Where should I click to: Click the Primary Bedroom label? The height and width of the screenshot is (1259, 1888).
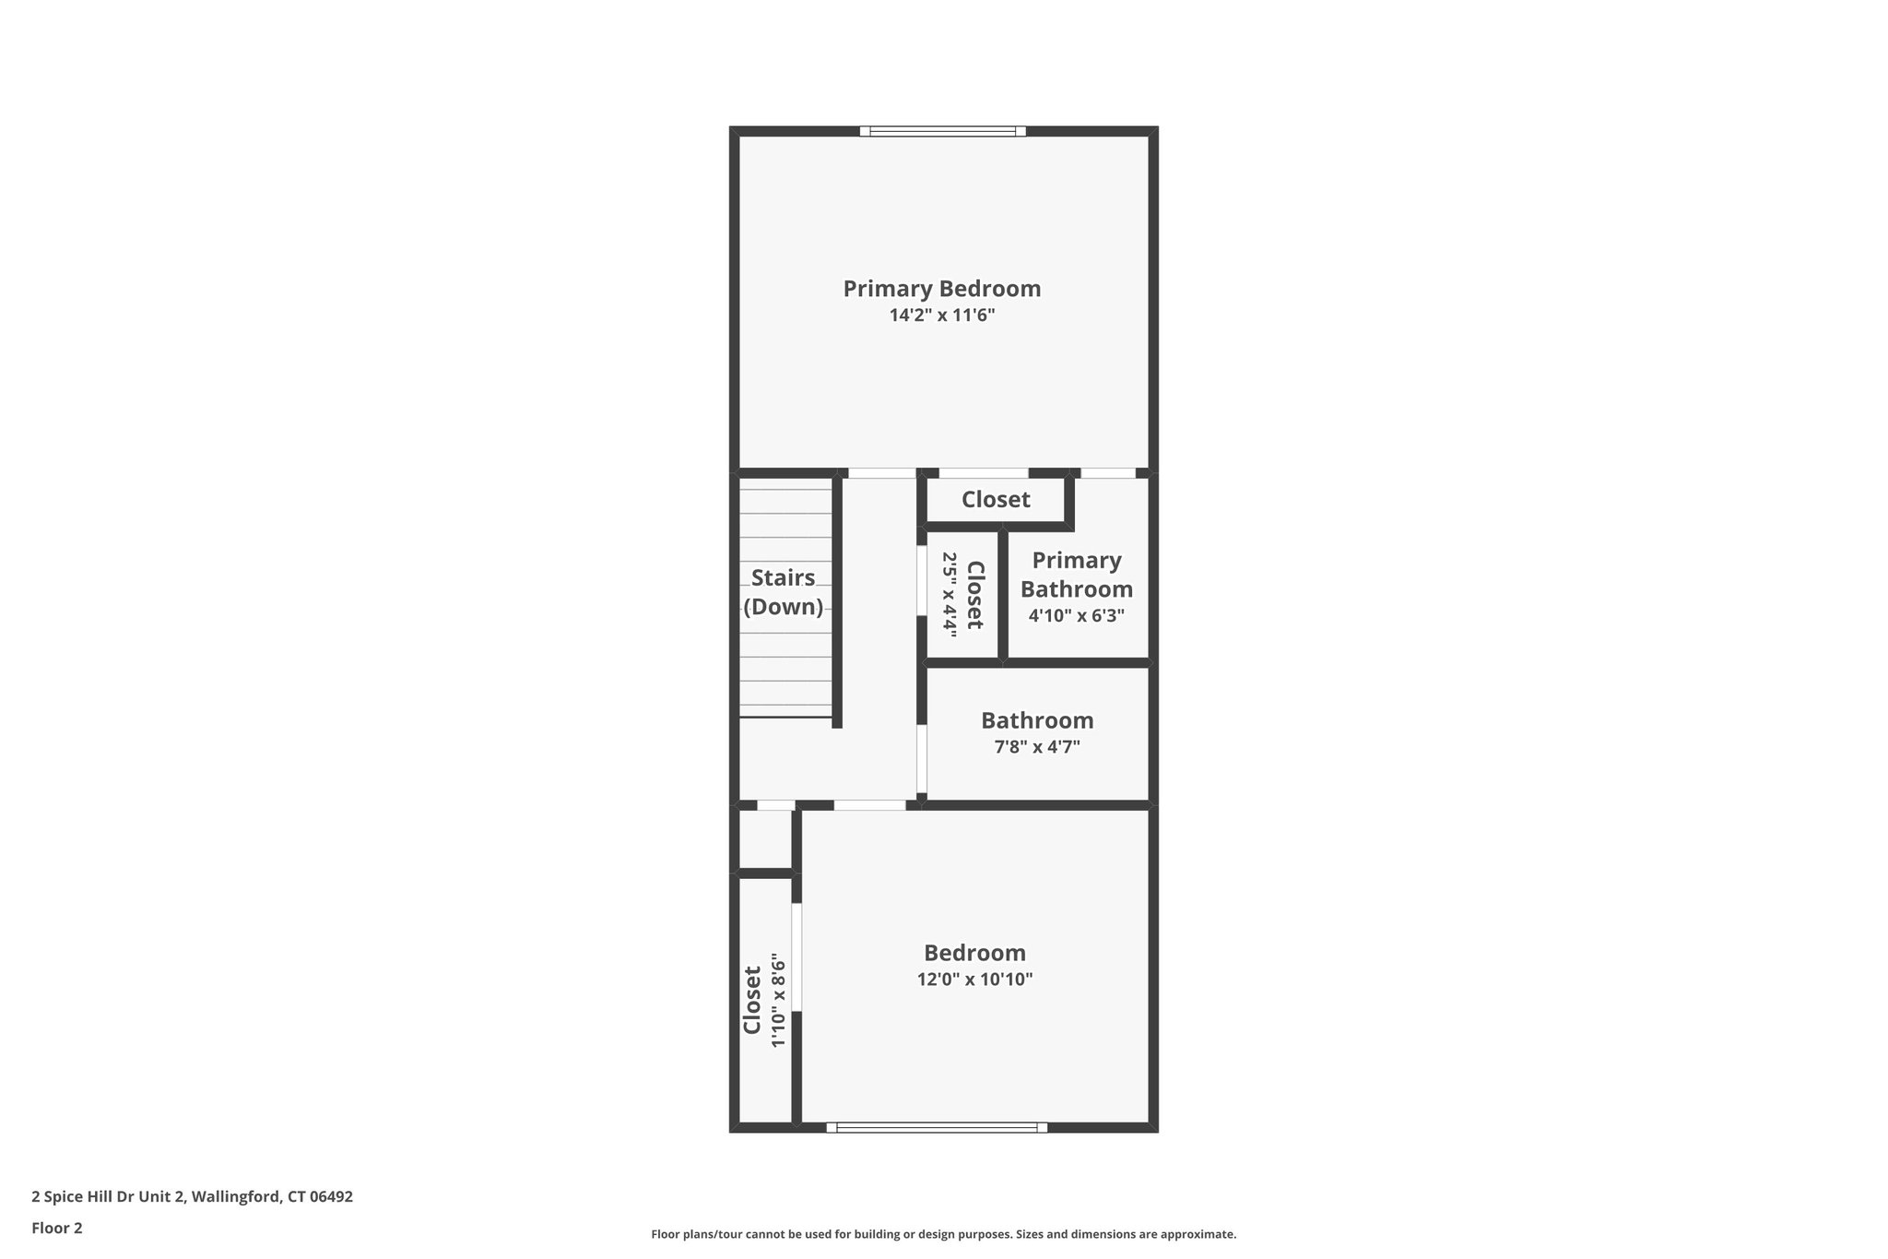point(941,289)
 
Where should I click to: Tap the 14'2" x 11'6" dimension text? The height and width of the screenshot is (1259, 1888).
point(941,315)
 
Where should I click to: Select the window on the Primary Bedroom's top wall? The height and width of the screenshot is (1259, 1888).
point(942,131)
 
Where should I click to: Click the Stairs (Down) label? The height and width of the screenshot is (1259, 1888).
point(783,592)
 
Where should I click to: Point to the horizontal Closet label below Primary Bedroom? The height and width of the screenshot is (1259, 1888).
point(996,500)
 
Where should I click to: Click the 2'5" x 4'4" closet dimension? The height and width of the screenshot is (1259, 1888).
point(950,591)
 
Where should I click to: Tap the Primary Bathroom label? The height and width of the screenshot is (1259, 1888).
point(1076,575)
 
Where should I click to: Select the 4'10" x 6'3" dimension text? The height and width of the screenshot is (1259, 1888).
point(1076,616)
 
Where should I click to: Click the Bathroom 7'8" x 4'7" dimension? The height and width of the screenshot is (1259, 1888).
point(1036,747)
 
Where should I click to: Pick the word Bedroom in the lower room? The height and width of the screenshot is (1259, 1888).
point(974,953)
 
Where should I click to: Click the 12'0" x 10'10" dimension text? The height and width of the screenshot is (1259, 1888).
point(974,980)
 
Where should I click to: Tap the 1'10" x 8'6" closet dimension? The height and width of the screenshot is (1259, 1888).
point(779,1000)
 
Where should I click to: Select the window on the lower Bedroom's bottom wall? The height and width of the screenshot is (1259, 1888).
point(937,1127)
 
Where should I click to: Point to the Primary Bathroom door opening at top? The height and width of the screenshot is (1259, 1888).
point(1107,473)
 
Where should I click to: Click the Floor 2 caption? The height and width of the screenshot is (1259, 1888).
point(57,1228)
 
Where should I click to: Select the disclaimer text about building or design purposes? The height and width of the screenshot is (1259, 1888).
point(943,1234)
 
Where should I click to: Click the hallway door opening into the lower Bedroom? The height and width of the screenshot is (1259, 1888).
point(869,805)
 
